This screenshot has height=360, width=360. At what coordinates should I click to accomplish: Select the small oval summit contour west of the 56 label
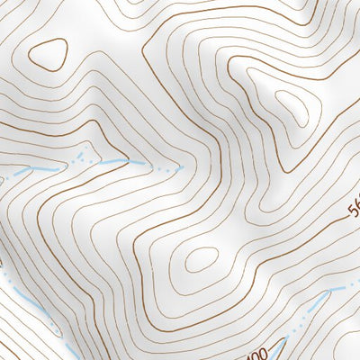pos(200,261)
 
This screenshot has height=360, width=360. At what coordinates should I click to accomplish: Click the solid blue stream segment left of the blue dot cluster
pos(36,168)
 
